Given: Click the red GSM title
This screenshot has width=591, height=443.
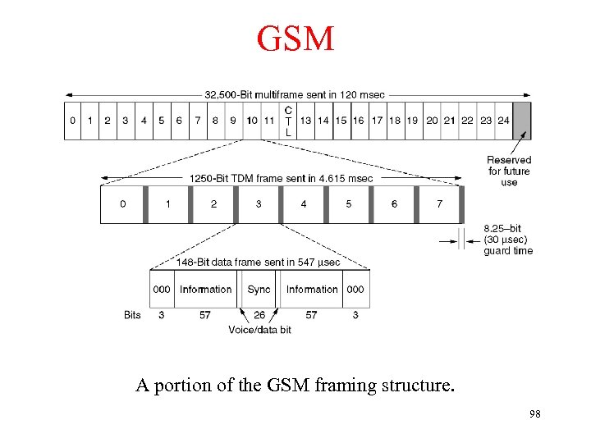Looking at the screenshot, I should [x=295, y=39].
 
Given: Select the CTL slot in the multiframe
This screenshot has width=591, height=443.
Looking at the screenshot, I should [x=288, y=121].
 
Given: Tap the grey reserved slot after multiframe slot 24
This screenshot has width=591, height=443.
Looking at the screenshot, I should [x=521, y=121].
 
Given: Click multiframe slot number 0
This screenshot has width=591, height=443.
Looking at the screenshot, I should [x=72, y=121].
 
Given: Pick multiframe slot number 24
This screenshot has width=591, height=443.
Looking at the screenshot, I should [x=503, y=121].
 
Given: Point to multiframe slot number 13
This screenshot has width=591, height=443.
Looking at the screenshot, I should [x=305, y=121].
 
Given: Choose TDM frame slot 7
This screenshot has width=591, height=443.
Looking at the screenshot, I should [x=439, y=203].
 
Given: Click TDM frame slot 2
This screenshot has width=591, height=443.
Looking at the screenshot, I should [x=213, y=203].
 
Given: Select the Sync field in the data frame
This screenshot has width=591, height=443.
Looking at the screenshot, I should [x=259, y=289].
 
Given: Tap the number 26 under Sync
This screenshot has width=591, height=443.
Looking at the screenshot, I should [x=259, y=315].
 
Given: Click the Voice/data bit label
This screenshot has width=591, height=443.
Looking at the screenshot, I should [x=259, y=330].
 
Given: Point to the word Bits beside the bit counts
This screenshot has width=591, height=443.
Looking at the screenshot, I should [x=132, y=315].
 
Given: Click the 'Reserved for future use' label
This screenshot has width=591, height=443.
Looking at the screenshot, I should [x=509, y=171].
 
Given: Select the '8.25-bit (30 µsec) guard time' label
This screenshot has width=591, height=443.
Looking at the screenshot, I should [x=508, y=240].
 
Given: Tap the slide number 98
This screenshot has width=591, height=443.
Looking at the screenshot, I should [x=535, y=413].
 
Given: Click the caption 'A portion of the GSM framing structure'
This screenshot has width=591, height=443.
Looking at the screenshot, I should [x=295, y=386].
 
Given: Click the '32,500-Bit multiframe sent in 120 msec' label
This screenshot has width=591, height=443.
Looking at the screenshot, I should [x=295, y=94].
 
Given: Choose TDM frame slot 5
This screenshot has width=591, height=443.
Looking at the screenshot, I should [x=349, y=203].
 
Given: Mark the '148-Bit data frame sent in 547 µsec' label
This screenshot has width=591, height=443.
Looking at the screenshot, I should [x=258, y=263].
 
